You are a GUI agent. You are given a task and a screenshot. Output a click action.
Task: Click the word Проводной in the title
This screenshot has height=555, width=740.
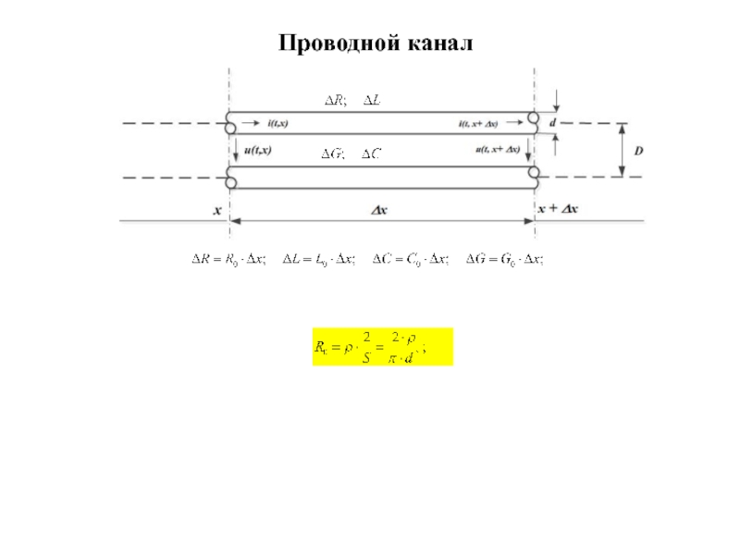(336, 43)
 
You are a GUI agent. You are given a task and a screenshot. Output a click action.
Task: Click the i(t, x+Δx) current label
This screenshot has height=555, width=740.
(478, 124)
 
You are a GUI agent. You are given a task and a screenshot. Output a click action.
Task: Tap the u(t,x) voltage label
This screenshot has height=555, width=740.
(257, 149)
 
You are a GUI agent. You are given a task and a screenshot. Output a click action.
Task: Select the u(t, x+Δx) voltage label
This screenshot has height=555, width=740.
(497, 149)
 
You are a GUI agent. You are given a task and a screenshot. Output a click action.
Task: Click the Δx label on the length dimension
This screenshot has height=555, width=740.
(379, 210)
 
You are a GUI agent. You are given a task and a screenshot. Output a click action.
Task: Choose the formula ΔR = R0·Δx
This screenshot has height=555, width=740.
(228, 260)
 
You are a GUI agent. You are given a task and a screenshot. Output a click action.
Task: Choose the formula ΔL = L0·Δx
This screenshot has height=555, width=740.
(317, 260)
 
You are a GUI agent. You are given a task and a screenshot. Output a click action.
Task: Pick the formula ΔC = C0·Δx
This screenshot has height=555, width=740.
(409, 260)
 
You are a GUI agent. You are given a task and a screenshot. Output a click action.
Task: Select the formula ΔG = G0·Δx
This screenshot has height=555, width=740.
(503, 260)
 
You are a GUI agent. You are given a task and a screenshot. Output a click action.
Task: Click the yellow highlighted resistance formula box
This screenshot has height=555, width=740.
(382, 347)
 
